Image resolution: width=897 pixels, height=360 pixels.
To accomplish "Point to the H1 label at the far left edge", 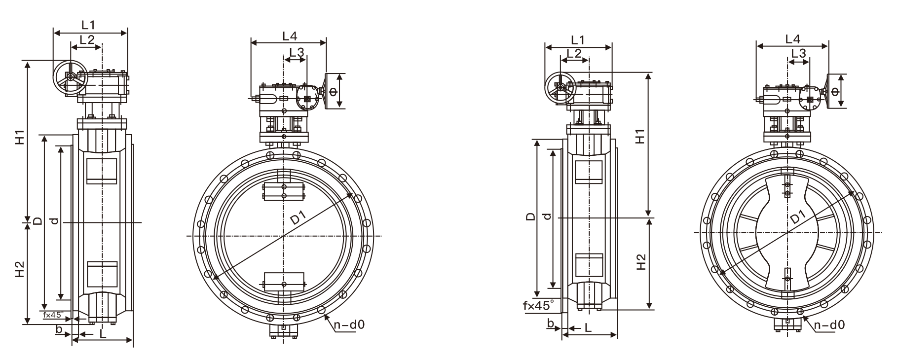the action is click(x=19, y=138).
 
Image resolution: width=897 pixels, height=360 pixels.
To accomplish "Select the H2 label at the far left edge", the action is click(x=19, y=268).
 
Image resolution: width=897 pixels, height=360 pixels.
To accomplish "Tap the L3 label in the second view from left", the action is click(x=296, y=52).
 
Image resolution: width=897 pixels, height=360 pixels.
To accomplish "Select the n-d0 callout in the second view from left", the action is click(x=348, y=324).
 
